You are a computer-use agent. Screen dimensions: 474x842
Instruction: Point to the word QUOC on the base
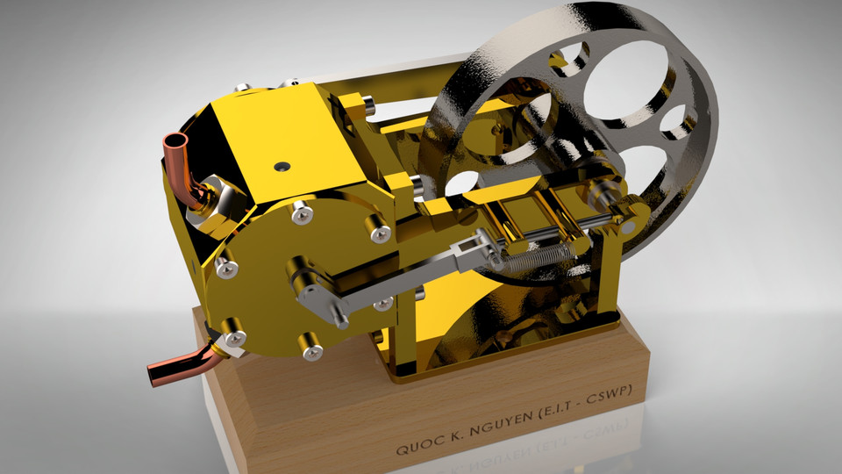coord(415,448)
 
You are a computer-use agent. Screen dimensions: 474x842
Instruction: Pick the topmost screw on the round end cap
coord(302,212)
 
